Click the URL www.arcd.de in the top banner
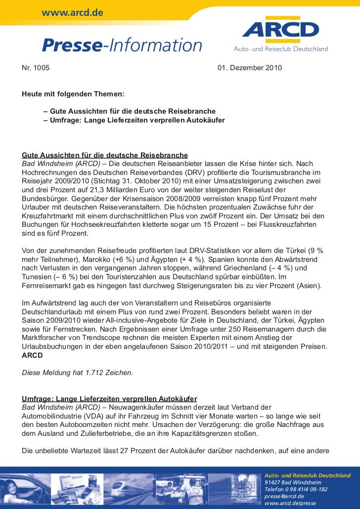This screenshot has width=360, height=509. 72,11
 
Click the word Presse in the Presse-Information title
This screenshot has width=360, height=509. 71,45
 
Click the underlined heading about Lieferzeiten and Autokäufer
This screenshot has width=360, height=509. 110,399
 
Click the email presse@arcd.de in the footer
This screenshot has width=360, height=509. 284,496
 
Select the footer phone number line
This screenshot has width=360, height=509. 296,489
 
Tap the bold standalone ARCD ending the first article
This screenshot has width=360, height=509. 32,355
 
